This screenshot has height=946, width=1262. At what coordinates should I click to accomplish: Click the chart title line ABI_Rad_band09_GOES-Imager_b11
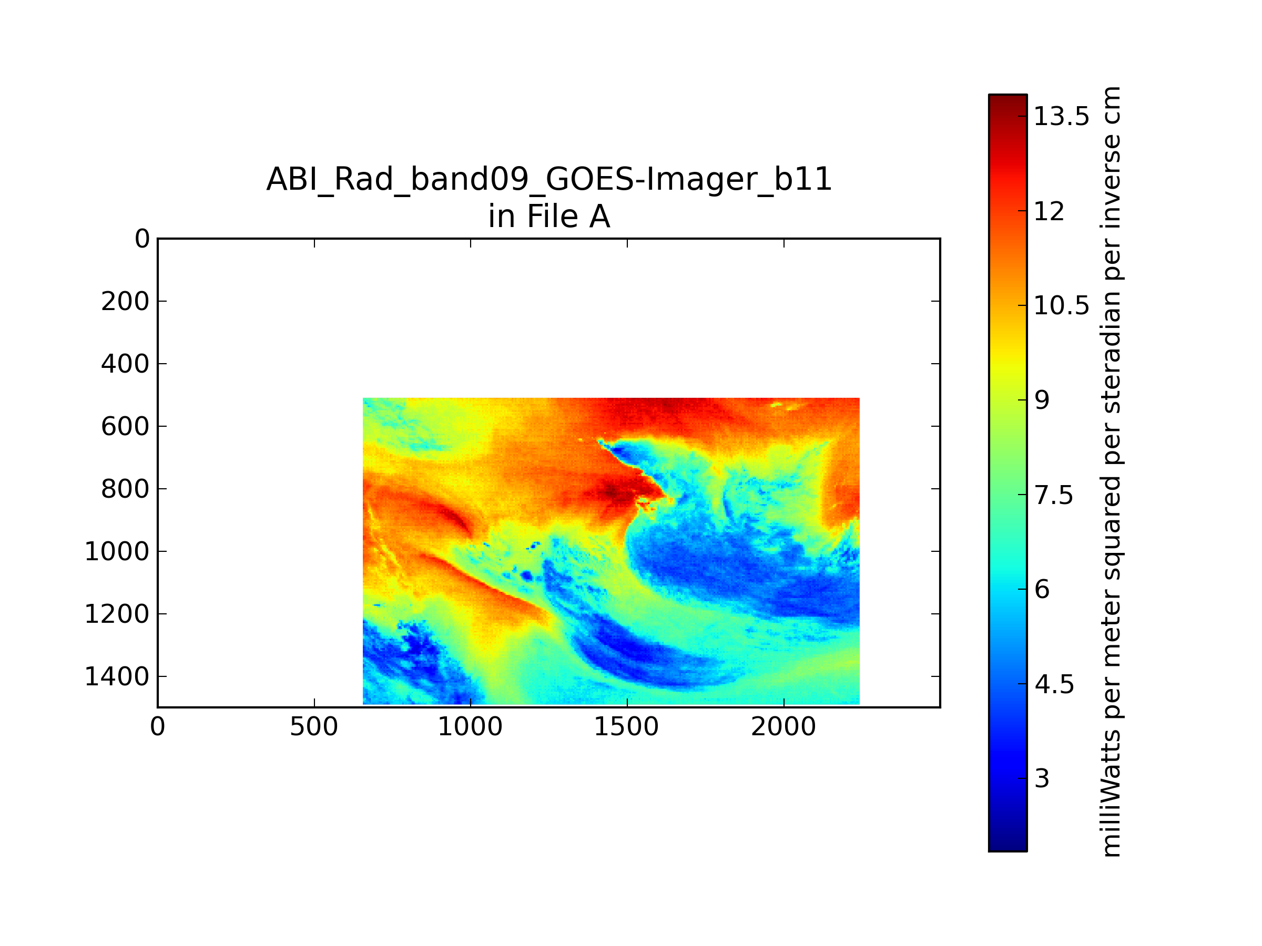coord(549,179)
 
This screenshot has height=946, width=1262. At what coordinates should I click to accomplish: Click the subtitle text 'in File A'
coord(549,217)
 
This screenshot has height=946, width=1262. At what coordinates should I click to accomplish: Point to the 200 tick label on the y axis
coord(125,301)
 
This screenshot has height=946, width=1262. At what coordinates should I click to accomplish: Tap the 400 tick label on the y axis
coord(125,364)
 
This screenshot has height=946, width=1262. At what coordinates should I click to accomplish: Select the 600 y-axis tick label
coord(125,427)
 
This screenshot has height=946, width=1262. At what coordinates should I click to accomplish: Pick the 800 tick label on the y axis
coord(125,489)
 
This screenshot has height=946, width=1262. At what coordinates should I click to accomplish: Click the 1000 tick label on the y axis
coord(117,551)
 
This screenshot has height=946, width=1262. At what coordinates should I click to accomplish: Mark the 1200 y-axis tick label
coord(117,614)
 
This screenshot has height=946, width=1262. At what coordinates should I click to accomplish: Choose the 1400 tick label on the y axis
coord(117,677)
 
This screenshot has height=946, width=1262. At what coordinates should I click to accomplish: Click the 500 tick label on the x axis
coord(314,727)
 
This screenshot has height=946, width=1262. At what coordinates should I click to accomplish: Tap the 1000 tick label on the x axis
coord(470,727)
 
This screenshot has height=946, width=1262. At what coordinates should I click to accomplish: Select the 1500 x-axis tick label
coord(626,727)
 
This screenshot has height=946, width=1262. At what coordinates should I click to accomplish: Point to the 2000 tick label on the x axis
coord(783,727)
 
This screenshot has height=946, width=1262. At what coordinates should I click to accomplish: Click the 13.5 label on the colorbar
coord(1062,117)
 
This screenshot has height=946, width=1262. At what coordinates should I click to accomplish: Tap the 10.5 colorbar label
coord(1062,306)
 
